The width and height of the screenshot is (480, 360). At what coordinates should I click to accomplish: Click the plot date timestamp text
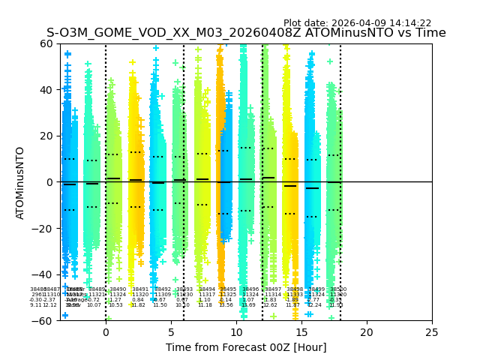click(357, 23)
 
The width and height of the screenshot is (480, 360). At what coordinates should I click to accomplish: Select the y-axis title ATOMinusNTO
click(20, 182)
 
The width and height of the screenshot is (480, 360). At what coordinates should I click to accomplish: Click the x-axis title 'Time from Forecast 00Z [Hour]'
click(246, 347)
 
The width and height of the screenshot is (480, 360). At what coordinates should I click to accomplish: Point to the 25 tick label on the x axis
click(432, 331)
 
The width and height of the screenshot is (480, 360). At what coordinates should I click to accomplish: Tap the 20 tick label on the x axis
click(367, 331)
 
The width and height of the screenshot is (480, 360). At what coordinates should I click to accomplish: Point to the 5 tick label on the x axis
click(171, 331)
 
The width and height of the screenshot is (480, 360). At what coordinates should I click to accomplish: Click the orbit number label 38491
click(140, 289)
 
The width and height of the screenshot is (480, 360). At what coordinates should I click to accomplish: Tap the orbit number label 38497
click(273, 289)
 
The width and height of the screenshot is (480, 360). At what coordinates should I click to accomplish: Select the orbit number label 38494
click(205, 289)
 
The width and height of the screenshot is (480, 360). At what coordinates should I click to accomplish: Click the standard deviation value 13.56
click(226, 305)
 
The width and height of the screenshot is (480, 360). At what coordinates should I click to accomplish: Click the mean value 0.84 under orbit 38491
click(137, 300)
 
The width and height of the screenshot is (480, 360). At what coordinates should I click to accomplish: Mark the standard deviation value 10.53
click(115, 305)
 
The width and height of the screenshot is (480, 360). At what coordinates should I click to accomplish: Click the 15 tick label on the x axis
click(301, 331)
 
